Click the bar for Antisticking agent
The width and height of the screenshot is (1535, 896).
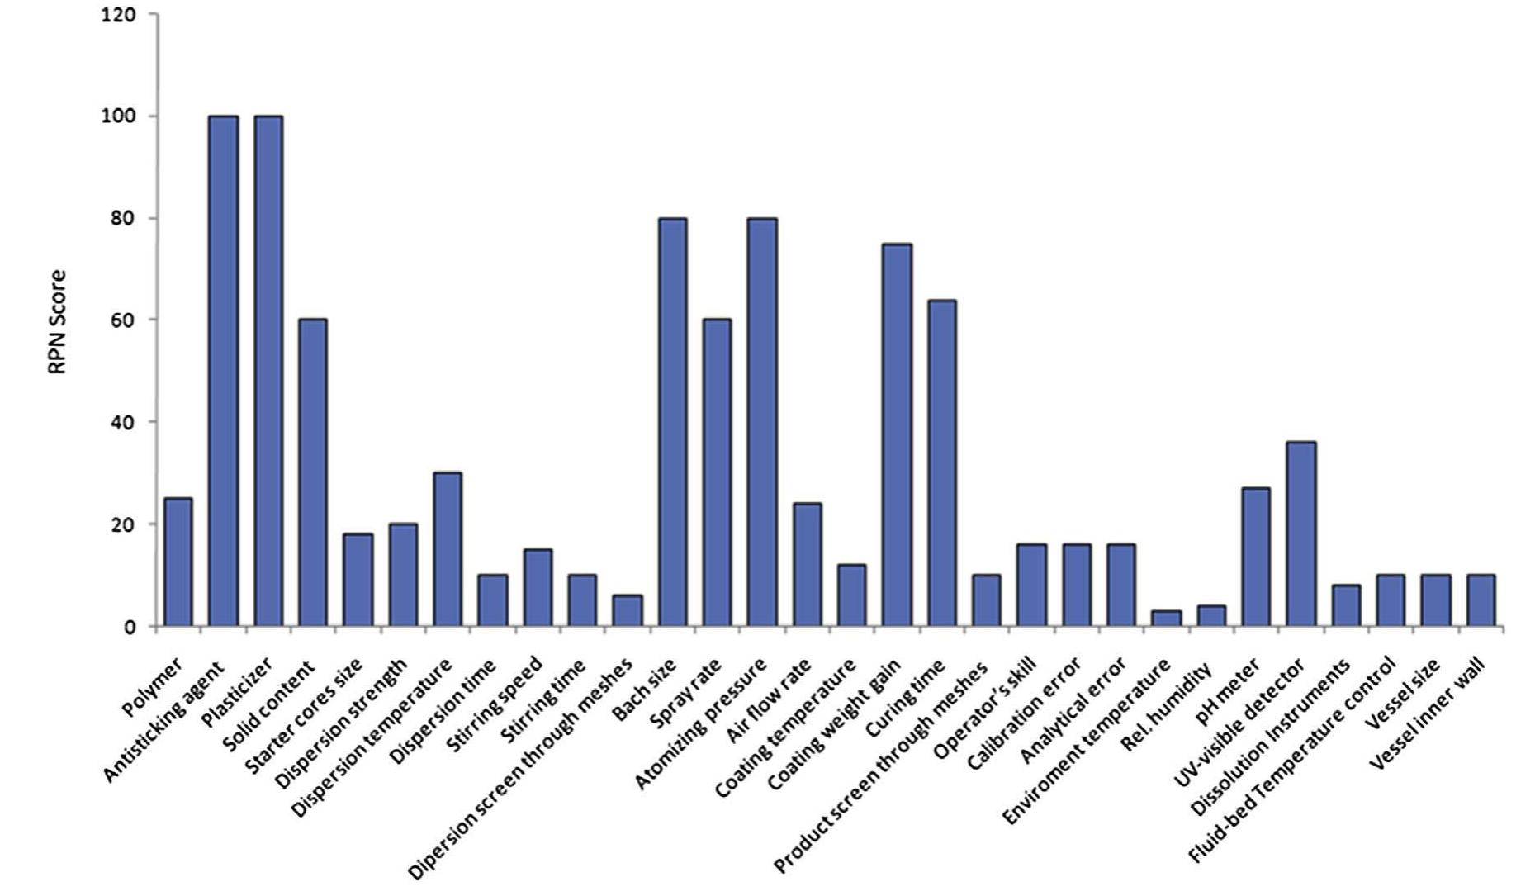click(223, 371)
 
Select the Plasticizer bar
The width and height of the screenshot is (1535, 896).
click(268, 371)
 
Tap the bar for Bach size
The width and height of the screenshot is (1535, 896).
click(672, 422)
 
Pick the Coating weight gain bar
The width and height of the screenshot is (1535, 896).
click(897, 435)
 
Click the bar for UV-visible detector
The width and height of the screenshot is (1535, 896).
click(1300, 534)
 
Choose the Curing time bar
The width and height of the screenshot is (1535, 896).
click(941, 463)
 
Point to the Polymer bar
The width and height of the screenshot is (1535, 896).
click(178, 562)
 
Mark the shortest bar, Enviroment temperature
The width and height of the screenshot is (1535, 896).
click(1166, 619)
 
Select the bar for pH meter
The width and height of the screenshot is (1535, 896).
click(1256, 557)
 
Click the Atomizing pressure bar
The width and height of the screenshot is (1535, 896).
click(762, 422)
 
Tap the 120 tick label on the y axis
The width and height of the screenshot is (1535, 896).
click(118, 15)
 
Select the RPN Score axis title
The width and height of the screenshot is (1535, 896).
click(57, 322)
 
